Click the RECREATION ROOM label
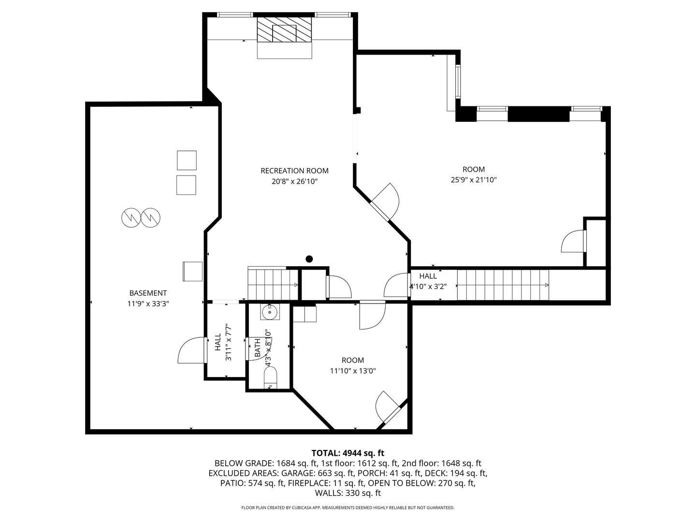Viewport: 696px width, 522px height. point(294,171)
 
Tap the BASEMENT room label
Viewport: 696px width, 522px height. point(148,293)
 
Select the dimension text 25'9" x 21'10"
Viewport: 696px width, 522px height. point(473,180)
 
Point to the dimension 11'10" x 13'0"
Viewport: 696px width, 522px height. point(353,371)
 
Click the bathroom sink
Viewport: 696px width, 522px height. point(270,312)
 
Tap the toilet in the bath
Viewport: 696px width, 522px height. point(271,377)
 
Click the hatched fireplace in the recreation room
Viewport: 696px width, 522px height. point(284,29)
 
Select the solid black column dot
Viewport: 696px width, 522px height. point(309,259)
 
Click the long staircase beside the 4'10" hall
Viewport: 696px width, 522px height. point(503,285)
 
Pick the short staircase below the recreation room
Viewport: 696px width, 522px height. point(273,284)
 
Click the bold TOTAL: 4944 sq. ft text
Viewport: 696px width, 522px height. point(348,453)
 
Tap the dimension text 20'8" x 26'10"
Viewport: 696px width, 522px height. point(294,182)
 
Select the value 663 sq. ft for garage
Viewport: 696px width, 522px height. point(335,473)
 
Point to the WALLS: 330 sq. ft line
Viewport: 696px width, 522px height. point(348,493)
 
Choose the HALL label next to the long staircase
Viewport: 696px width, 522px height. point(428,276)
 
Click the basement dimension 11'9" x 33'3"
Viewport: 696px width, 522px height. point(148,304)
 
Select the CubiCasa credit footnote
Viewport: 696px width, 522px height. point(348,507)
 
